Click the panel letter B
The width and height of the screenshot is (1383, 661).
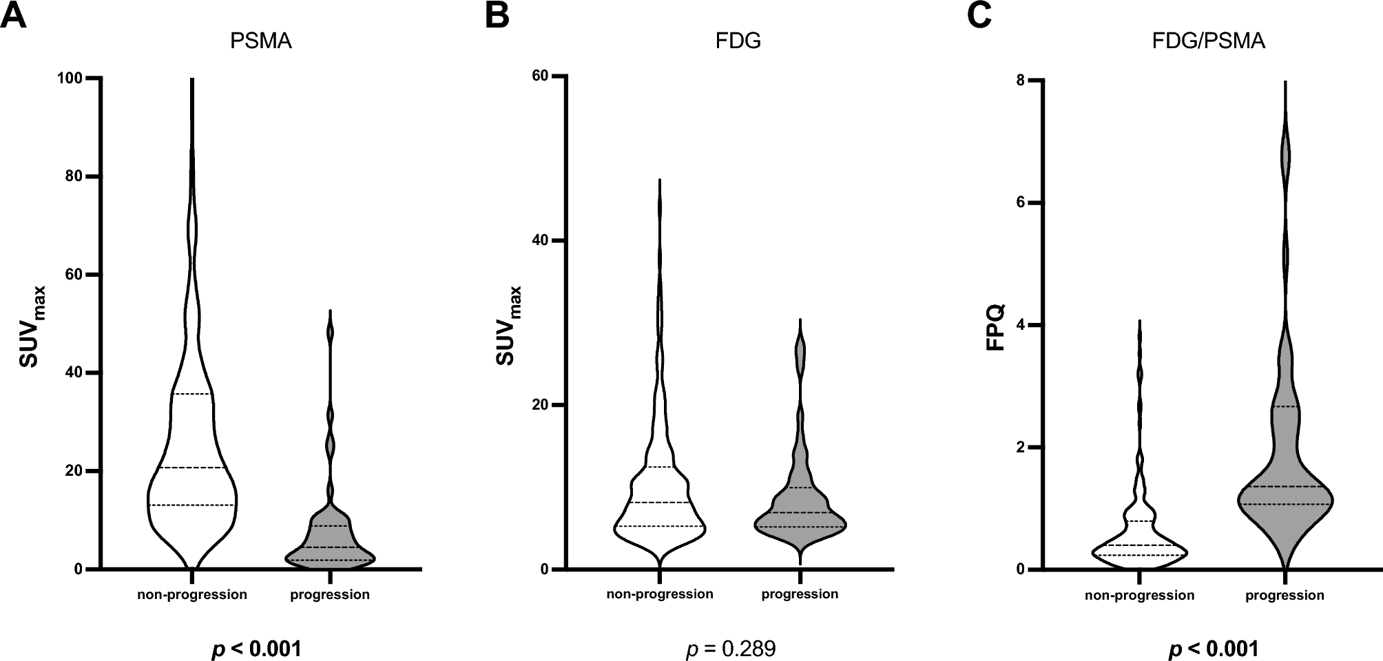497,15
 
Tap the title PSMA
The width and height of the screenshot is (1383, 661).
261,41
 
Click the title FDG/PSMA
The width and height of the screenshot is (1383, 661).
1208,41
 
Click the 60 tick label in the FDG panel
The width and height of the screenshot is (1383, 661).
541,76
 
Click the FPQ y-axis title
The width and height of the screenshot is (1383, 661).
997,326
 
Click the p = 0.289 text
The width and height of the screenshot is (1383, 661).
731,649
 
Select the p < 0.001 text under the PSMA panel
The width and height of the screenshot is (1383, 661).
256,649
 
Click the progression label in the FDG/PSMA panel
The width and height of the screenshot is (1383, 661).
1285,596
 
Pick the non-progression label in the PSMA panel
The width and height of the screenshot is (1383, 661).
192,594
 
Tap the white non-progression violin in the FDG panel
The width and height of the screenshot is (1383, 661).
660,510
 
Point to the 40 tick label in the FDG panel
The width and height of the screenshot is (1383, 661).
541,241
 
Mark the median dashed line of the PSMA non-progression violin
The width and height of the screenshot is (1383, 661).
191,468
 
